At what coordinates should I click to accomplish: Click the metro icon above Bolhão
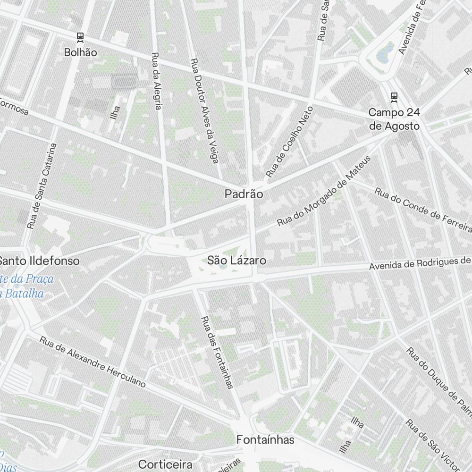pos(80,37)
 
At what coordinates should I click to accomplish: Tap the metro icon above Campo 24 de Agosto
pos(394,97)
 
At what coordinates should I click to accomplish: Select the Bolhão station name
pos(80,52)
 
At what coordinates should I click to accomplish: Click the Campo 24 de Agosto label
pos(394,119)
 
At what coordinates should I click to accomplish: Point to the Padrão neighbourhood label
pos(244,194)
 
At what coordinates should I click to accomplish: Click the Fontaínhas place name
pos(265,440)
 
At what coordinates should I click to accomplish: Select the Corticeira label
pos(165,464)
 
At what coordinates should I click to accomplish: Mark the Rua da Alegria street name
pos(156,80)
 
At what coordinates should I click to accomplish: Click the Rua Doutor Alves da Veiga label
pos(204,111)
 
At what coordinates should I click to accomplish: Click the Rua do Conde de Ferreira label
pos(422,210)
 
